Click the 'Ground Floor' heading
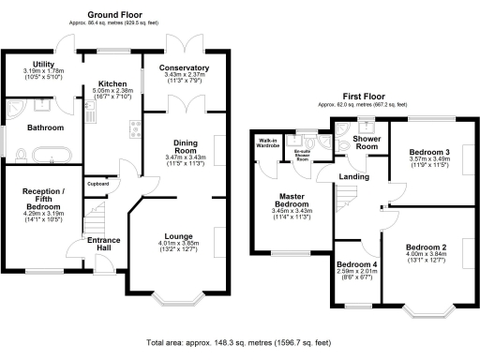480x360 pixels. [x=114, y=15]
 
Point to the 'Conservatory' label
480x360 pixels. [x=184, y=68]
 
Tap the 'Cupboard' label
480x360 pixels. [x=98, y=184]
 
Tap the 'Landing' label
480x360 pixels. [x=354, y=177]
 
